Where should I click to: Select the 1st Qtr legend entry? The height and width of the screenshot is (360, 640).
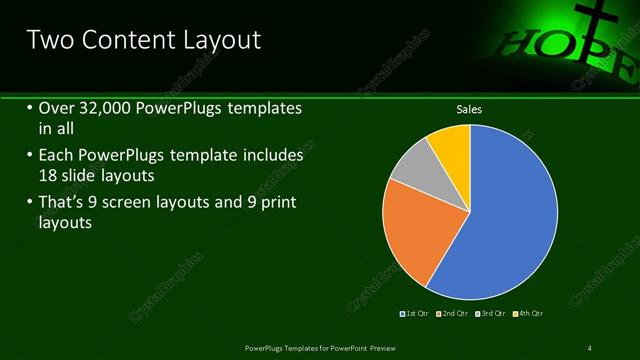pos(414,314)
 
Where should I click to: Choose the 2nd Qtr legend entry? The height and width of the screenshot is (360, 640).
pos(453,314)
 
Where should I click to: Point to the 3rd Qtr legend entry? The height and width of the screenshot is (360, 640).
pos(490,314)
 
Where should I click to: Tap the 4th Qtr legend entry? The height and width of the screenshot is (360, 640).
pos(527,314)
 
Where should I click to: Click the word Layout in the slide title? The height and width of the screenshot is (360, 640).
pos(214,40)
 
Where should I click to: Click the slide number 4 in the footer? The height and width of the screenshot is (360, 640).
pos(590,347)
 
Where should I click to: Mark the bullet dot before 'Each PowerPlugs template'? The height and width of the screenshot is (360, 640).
pos(29,157)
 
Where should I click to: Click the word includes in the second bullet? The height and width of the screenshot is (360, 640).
pos(271,157)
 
